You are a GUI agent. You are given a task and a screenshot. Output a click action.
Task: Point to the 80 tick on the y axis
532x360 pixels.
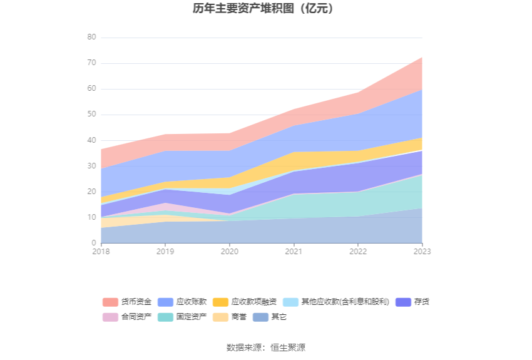click(91, 38)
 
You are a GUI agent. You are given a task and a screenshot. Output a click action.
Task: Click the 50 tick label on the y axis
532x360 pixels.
click(91, 115)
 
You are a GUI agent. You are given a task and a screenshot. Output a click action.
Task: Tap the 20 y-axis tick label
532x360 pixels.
click(91, 192)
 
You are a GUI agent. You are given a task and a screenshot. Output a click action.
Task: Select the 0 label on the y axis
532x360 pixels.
click(94, 243)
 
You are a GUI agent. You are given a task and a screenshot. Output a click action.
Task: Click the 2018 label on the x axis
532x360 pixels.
click(101, 251)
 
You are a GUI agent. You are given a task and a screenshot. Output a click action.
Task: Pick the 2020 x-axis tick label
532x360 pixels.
click(230, 251)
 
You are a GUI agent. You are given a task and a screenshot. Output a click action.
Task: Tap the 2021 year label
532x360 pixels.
click(294, 251)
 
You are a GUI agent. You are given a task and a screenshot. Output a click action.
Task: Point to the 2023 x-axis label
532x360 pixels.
click(422, 251)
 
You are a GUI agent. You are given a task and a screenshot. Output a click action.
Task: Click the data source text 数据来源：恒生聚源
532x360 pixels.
click(266, 347)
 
